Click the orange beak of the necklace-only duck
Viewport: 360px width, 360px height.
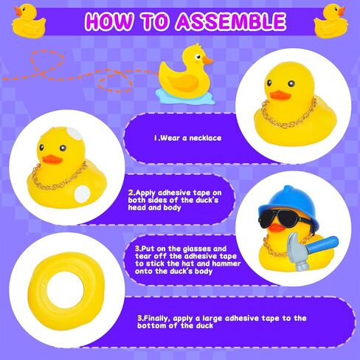[x=278, y=94]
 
